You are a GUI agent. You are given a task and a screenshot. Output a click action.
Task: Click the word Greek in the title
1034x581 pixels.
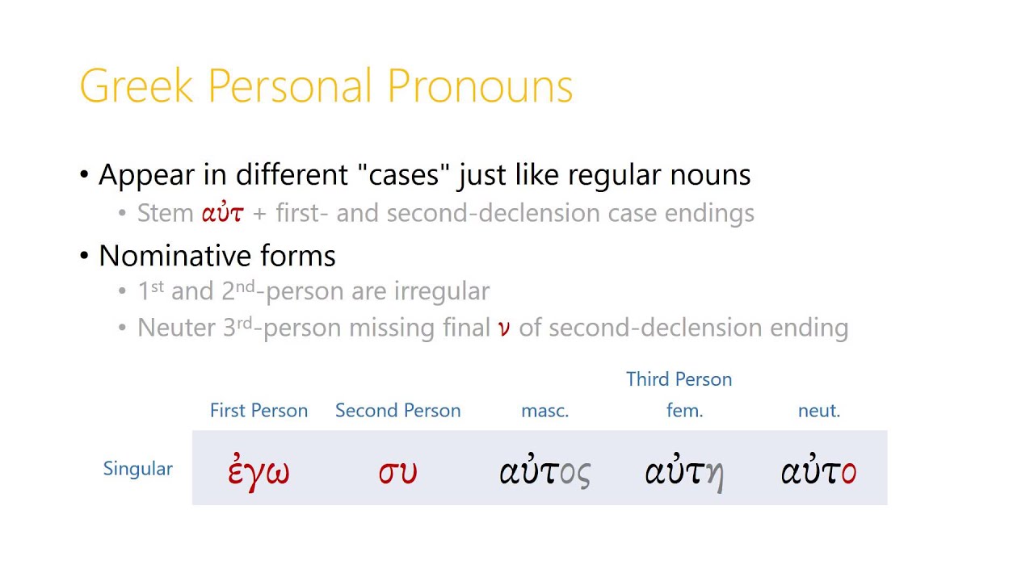(137, 86)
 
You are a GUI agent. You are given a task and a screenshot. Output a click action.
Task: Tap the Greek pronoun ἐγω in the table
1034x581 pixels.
(258, 472)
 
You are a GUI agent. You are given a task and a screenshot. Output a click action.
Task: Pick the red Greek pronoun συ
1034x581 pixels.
(397, 472)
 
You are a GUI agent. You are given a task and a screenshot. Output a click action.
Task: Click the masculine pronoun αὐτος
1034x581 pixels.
(544, 472)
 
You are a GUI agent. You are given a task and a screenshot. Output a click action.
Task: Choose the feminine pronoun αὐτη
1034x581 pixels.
(683, 472)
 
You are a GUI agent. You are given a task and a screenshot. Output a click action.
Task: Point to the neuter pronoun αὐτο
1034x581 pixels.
(818, 472)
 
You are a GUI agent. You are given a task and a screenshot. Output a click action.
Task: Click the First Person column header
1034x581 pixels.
(258, 411)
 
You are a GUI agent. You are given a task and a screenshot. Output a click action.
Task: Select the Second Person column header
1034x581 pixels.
(397, 411)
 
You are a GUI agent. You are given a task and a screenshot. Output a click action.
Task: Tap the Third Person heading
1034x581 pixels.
(679, 379)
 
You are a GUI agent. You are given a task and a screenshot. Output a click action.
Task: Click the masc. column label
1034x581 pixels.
(544, 411)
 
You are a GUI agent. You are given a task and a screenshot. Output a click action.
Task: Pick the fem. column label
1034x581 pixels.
(684, 411)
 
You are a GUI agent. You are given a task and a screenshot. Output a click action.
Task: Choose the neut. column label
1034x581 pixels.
(819, 411)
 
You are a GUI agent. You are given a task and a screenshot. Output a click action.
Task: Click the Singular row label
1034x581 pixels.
(137, 469)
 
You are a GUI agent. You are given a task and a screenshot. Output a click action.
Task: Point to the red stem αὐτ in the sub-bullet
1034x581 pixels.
(222, 214)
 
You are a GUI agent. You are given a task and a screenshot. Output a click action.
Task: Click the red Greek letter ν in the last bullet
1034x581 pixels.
(504, 328)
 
